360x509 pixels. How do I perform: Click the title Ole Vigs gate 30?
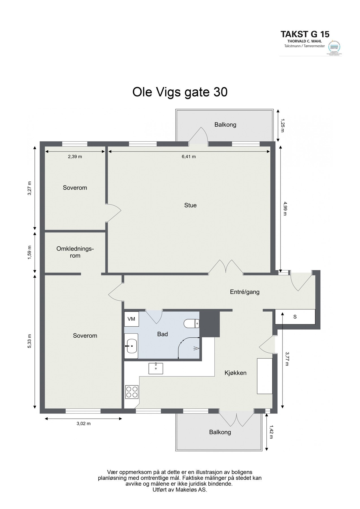tap(180, 92)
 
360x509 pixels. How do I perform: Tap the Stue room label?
tap(190, 205)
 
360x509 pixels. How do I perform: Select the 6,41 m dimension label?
tap(189, 157)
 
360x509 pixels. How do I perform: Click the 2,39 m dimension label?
tap(75, 157)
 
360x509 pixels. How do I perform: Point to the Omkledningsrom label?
tap(75, 252)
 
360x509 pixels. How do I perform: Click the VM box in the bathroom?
tap(131, 319)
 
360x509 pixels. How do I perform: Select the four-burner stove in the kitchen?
tap(132, 392)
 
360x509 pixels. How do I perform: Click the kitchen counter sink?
tap(156, 368)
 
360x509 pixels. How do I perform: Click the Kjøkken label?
tap(235, 373)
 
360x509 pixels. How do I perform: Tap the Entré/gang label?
tap(245, 292)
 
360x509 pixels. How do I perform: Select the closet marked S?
tap(295, 317)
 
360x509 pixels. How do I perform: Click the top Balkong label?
tap(225, 125)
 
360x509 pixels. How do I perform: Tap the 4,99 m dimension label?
tap(284, 208)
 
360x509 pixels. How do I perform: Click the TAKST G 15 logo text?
tap(305, 34)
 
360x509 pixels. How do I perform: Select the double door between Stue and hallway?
tap(226, 267)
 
